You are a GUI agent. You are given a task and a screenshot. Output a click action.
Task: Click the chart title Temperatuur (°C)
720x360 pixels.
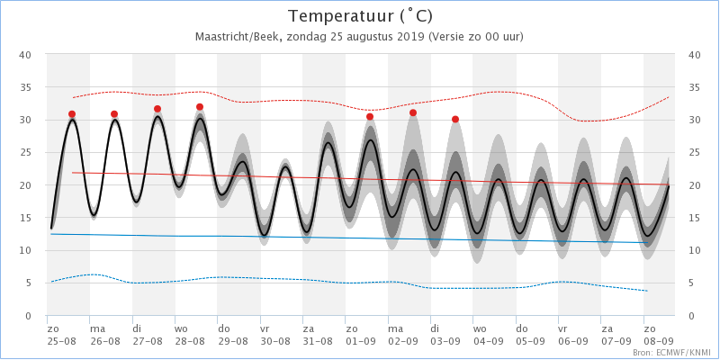point(359,16)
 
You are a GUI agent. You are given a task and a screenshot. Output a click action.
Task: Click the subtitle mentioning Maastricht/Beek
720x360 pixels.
point(359,37)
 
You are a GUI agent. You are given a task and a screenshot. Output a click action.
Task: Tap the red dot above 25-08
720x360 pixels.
point(72,114)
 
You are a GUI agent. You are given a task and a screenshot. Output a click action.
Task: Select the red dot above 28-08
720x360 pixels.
point(200,107)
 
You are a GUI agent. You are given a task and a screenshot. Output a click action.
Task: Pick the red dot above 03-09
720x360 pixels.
point(455,120)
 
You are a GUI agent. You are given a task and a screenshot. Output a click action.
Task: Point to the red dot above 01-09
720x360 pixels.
point(370,117)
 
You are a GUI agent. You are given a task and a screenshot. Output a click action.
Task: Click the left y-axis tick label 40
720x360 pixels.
point(26,55)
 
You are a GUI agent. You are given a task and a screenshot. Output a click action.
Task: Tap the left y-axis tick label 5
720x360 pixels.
point(29,283)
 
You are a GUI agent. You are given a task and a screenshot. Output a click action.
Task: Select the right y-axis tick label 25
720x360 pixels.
point(694,153)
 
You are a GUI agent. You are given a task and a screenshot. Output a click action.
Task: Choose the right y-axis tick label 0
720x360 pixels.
point(691,316)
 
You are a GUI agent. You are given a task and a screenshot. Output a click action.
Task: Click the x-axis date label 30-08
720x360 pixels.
point(274,342)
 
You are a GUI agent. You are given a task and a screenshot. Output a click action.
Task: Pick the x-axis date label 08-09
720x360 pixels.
point(659,342)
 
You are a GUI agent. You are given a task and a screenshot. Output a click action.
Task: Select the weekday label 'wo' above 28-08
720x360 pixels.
point(181,329)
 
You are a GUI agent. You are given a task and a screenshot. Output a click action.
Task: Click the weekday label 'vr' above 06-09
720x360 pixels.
point(562,329)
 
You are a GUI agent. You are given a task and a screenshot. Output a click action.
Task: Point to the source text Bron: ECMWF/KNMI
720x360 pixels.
point(684,354)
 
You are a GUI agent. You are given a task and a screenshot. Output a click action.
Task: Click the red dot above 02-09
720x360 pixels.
point(413,112)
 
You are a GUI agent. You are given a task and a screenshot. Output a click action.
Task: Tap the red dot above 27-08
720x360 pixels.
point(157,109)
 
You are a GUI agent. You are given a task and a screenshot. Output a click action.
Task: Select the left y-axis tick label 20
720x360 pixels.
point(26,185)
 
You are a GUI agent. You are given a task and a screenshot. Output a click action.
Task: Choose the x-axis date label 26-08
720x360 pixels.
point(104,342)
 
